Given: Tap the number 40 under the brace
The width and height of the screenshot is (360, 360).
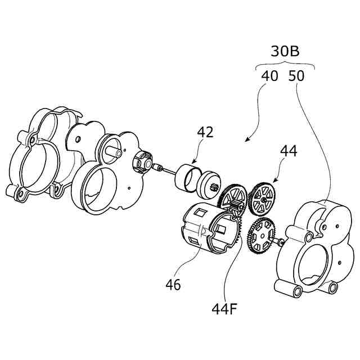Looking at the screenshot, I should tap(269, 76).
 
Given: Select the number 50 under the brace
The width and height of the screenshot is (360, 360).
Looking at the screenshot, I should tap(296, 76).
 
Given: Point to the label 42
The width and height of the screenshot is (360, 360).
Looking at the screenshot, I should tap(205, 132).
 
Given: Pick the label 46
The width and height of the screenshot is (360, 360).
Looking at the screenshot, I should tap(173, 285).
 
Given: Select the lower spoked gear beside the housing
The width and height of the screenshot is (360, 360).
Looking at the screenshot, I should tap(261, 236).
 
